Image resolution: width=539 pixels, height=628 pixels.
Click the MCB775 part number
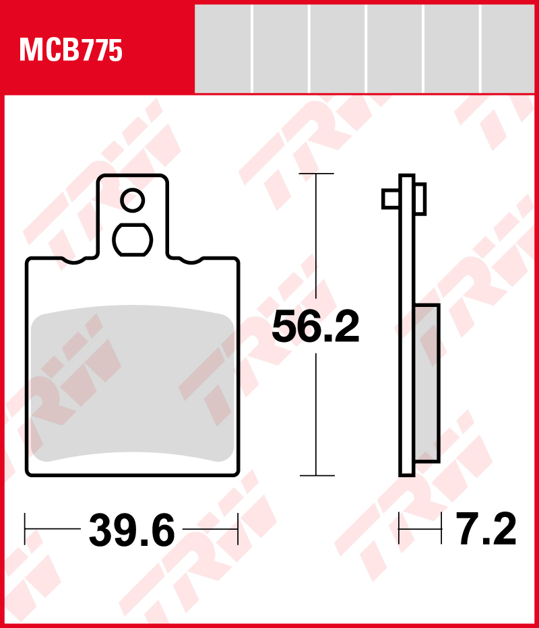click(x=71, y=50)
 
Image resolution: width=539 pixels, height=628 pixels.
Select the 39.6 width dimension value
click(x=131, y=530)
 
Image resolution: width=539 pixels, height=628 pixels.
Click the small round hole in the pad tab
click(x=132, y=201)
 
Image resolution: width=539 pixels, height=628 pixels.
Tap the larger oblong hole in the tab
click(x=132, y=240)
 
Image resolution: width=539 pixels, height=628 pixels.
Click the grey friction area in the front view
click(x=132, y=384)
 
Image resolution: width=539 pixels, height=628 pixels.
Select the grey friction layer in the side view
click(x=428, y=383)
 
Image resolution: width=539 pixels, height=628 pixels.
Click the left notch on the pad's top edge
click(x=74, y=260)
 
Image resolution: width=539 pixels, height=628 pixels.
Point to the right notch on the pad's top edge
click(x=191, y=260)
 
